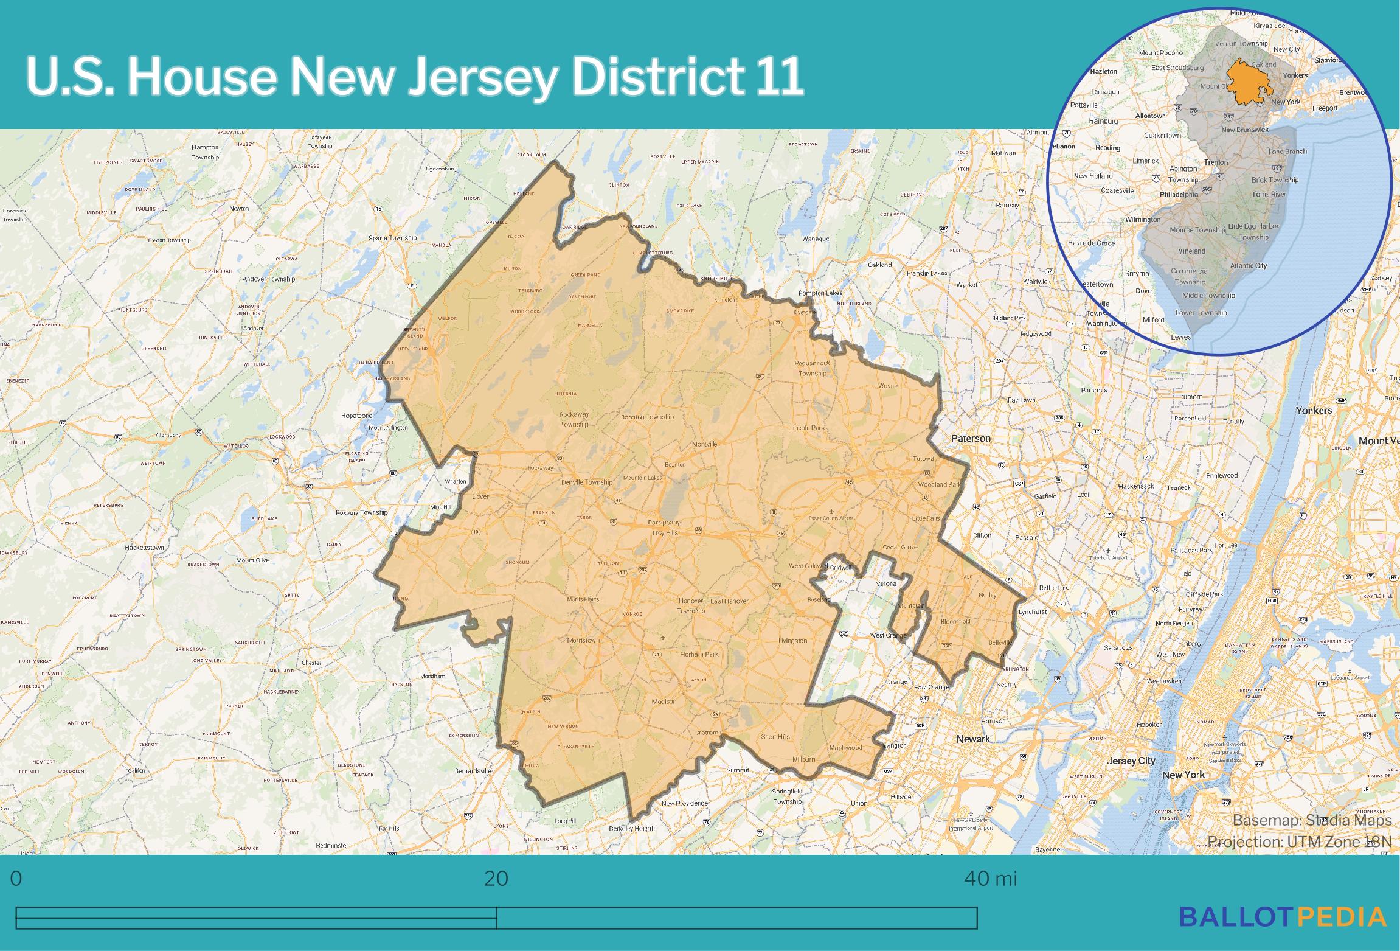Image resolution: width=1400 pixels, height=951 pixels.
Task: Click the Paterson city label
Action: coord(971,438)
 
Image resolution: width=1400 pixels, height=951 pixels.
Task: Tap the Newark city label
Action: coord(973,738)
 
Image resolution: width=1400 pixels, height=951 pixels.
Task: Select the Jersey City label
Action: coord(1131,761)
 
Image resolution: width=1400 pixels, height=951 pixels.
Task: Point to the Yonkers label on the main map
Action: coord(1314,410)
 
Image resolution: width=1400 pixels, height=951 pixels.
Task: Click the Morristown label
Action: coord(583,640)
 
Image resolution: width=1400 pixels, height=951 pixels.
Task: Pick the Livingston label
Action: coord(792,641)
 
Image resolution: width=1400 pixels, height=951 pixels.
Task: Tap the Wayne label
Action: coord(888,386)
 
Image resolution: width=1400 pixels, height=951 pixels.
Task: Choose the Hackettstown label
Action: coord(144,548)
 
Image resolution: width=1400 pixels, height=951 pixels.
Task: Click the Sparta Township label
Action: coord(392,237)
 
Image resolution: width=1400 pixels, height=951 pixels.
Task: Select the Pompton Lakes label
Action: coord(820,293)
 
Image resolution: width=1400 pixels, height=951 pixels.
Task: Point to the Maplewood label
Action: coord(845,747)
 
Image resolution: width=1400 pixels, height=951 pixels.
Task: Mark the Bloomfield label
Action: coord(955,621)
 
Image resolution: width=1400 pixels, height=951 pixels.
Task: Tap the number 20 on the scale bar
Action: coord(496,879)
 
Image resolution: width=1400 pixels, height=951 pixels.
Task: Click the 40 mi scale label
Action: coord(990,879)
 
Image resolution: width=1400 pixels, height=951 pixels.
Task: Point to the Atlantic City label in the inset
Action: coord(1248,265)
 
